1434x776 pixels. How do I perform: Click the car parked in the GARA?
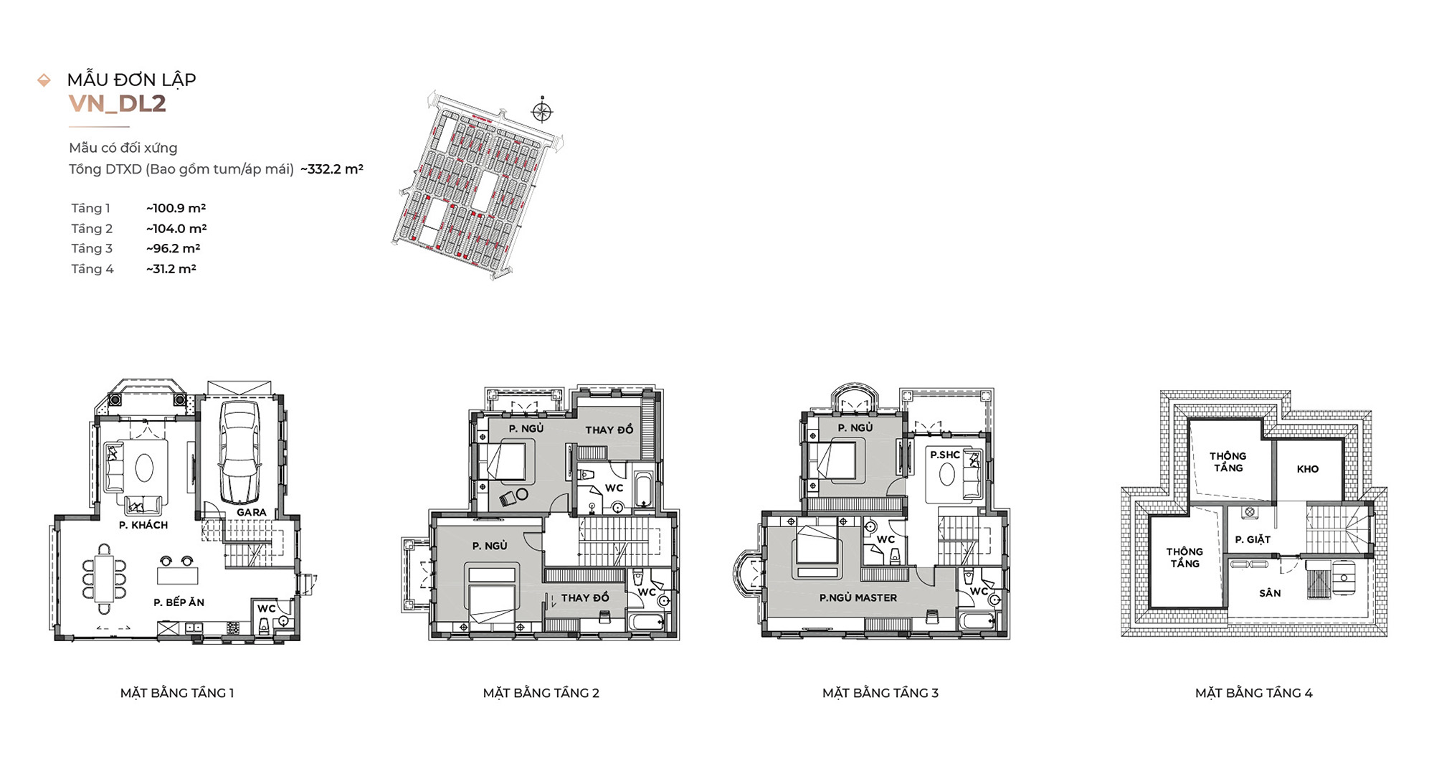coord(239,452)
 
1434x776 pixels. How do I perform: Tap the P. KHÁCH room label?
coord(143,525)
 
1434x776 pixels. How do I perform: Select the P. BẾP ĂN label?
coord(179,602)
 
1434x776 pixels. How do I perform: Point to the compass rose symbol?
coord(542,111)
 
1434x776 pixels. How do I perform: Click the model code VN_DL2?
coord(117,103)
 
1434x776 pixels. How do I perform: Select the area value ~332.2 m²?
coord(332,169)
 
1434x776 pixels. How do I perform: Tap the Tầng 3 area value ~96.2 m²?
coord(173,249)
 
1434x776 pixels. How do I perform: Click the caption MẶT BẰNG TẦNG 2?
coord(541,693)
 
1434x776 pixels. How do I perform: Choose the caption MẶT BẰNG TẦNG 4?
coord(1253,693)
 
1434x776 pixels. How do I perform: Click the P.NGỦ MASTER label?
coord(858,597)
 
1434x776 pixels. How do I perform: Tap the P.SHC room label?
coord(944,455)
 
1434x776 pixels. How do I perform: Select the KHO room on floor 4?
coord(1308,469)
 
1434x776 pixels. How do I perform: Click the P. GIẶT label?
coord(1253,539)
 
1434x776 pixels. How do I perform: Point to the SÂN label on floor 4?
coord(1269,593)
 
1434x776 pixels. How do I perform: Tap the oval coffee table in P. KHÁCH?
coord(144,468)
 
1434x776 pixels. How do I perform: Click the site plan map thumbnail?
coord(478,185)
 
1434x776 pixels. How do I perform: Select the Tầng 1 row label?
coord(90,209)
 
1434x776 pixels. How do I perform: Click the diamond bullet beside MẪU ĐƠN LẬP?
coord(44,80)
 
